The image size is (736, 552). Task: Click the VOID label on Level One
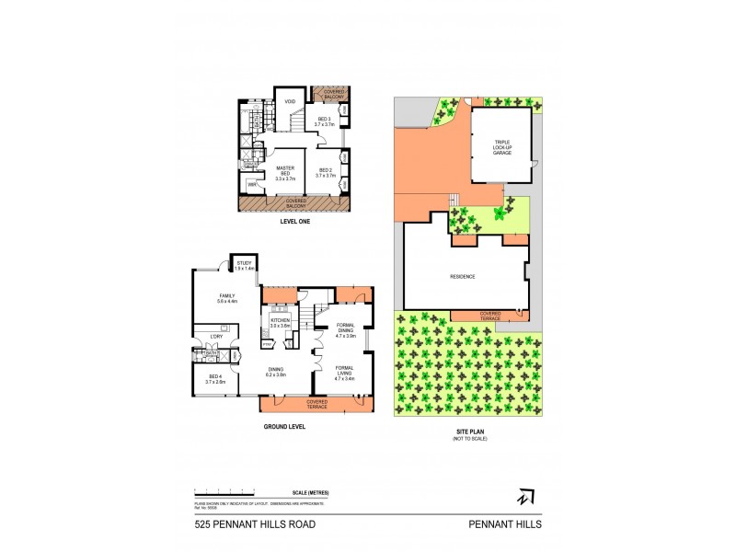click(x=289, y=101)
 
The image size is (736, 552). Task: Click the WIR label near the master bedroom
click(x=253, y=186)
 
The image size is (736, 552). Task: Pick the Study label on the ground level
click(x=241, y=264)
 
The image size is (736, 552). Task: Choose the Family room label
click(x=226, y=297)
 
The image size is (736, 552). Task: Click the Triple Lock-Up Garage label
click(x=501, y=146)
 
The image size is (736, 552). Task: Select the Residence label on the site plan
click(x=463, y=275)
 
